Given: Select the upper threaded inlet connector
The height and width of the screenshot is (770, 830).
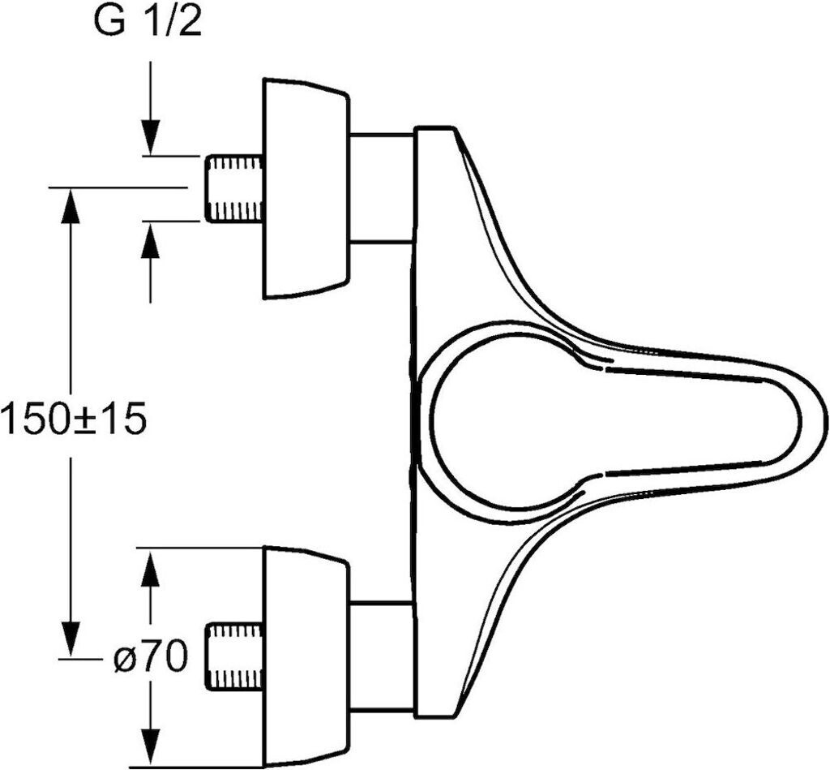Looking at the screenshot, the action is click(234, 188).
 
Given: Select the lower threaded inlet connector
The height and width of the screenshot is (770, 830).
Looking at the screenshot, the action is click(234, 657).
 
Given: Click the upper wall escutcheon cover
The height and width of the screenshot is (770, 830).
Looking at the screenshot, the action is click(306, 188).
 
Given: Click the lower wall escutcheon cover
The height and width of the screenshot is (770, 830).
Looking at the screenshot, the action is click(306, 657).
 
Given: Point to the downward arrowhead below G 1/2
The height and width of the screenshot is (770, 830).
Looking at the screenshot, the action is click(151, 137).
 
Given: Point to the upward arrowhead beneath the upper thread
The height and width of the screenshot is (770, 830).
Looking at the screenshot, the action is click(151, 239).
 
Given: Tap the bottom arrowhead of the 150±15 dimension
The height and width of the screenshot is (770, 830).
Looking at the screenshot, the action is click(71, 640).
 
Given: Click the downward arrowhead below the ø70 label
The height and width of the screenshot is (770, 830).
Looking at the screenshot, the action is click(151, 747).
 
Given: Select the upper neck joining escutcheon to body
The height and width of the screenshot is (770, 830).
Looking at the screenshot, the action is click(382, 188).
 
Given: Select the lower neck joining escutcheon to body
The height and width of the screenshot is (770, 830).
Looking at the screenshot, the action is click(382, 657).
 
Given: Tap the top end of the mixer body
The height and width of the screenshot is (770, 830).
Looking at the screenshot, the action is click(435, 127).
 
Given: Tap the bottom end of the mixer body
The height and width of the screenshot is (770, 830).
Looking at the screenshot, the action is click(435, 717).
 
